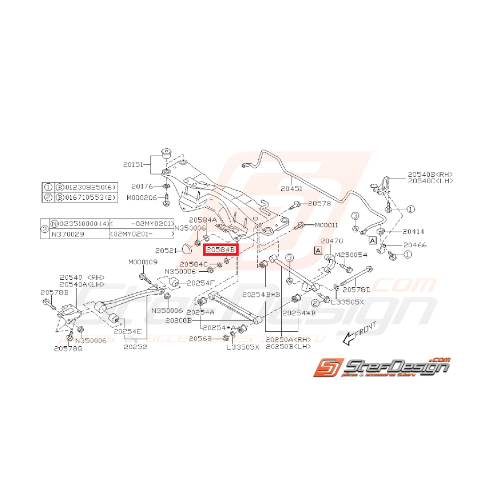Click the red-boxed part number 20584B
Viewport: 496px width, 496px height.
(x=220, y=249)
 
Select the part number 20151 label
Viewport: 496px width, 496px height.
(x=134, y=165)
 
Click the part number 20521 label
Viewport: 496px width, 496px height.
(x=166, y=250)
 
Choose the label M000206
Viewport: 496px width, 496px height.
(x=141, y=197)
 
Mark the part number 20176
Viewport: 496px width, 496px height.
(x=142, y=186)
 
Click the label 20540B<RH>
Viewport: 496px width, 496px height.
(x=430, y=174)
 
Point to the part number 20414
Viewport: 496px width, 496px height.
(x=413, y=232)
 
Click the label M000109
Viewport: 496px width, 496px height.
(x=143, y=262)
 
